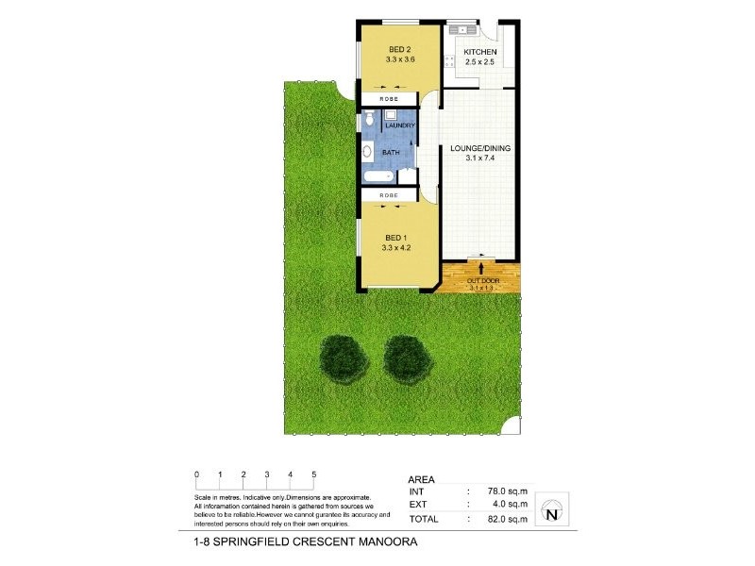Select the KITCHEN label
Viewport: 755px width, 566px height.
click(480, 53)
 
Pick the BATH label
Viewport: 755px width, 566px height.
click(389, 151)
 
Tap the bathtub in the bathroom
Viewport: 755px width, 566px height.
click(377, 176)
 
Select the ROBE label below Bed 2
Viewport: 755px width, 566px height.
click(388, 99)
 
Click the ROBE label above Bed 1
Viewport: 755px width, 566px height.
click(388, 195)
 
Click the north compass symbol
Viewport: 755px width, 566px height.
click(550, 514)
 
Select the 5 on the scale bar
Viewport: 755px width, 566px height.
click(313, 474)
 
